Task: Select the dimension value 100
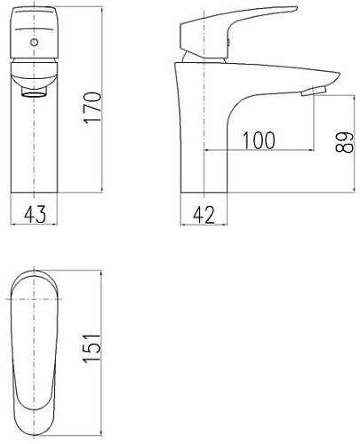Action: [x=258, y=140]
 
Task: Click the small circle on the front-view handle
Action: [x=35, y=42]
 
